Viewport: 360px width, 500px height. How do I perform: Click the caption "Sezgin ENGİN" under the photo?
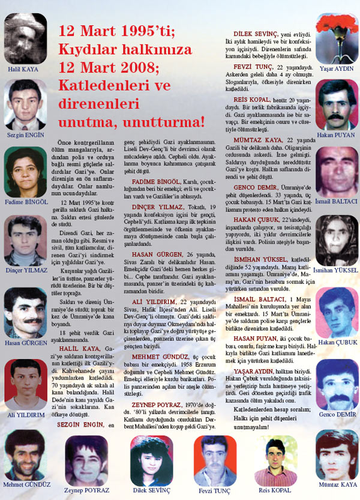(x=25, y=136)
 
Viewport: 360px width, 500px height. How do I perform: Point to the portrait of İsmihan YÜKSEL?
(x=337, y=240)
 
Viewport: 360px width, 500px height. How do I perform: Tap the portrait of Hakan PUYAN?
(x=337, y=103)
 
